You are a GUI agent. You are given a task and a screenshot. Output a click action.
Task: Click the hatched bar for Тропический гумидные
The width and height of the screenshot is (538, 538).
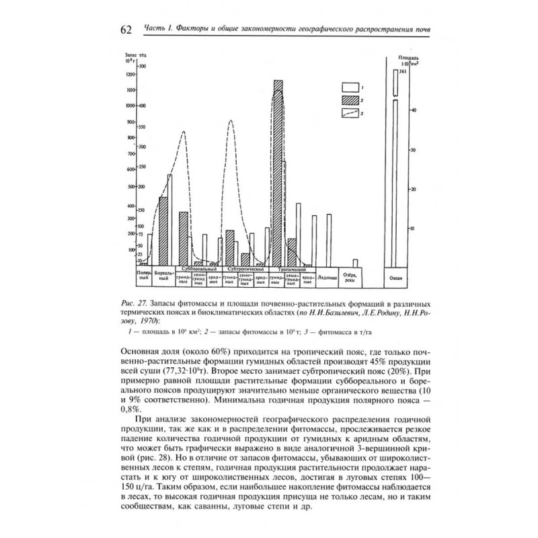tap(278, 175)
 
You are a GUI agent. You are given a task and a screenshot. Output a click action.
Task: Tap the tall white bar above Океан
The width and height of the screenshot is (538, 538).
tap(395, 182)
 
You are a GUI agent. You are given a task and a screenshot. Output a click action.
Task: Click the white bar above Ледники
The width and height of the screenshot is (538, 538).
tap(329, 240)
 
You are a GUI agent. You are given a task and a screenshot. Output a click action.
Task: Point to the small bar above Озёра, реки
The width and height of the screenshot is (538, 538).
tap(355, 263)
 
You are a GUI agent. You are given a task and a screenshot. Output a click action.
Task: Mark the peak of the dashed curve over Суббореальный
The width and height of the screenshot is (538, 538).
tap(183, 131)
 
